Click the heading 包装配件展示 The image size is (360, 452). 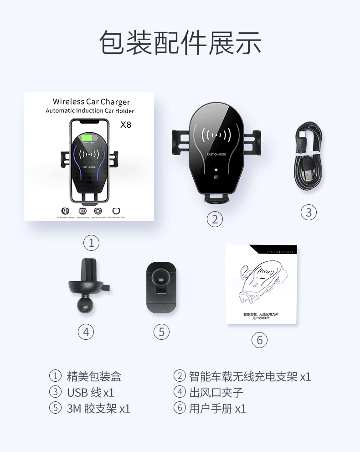pyautogui.click(x=180, y=43)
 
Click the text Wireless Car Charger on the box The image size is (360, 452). pyautogui.click(x=91, y=102)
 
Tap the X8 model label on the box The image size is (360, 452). pyautogui.click(x=126, y=125)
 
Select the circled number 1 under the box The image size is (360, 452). pyautogui.click(x=91, y=243)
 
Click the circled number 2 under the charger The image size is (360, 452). pyautogui.click(x=215, y=219)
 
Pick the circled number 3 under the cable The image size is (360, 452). pyautogui.click(x=309, y=212)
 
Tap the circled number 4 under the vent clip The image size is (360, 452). pyautogui.click(x=86, y=332)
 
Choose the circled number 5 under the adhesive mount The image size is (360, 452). pyautogui.click(x=161, y=332)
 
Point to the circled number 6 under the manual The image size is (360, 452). pyautogui.click(x=259, y=340)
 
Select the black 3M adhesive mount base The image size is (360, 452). pyautogui.click(x=162, y=287)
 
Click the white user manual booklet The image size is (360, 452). pyautogui.click(x=261, y=285)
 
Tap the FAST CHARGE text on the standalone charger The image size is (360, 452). pyautogui.click(x=216, y=155)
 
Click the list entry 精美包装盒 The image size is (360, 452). pyautogui.click(x=94, y=376)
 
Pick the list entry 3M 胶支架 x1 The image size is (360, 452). pyautogui.click(x=98, y=408)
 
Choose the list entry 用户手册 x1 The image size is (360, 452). pyautogui.click(x=217, y=408)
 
